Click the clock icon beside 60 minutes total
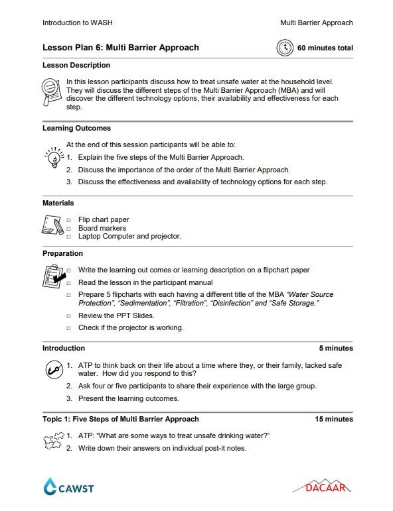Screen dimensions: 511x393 click(x=285, y=48)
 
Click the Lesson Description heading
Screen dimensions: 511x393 click(x=76, y=66)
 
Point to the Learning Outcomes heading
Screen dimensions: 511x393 click(x=76, y=128)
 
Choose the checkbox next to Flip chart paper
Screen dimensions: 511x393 click(x=68, y=219)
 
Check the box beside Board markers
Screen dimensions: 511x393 click(x=68, y=228)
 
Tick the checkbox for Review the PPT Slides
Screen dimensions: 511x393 click(x=68, y=316)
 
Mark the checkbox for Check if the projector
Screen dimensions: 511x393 click(x=68, y=328)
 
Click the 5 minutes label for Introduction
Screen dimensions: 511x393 click(x=336, y=349)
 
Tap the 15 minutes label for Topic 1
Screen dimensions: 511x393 click(x=334, y=420)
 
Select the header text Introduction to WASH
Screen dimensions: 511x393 click(x=78, y=23)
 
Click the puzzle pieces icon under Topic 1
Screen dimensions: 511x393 click(x=52, y=441)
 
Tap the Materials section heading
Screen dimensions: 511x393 click(x=58, y=203)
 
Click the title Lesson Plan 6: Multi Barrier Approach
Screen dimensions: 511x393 click(x=120, y=48)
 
